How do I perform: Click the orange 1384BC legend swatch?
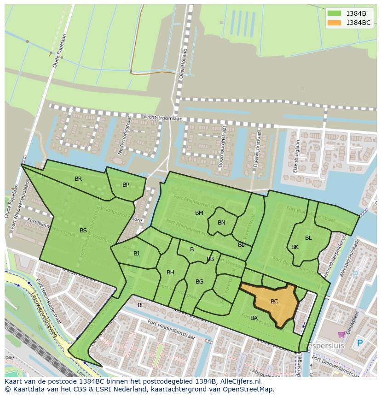[335, 23]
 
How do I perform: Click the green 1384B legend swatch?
[335, 13]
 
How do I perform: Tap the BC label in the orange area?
[274, 302]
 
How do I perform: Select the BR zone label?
[78, 179]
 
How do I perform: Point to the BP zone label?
[126, 185]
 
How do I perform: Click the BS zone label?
[83, 231]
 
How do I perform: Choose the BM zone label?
[199, 213]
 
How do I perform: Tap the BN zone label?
[221, 223]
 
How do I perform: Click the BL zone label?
[308, 238]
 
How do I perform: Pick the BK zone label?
[295, 247]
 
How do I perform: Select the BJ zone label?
[136, 254]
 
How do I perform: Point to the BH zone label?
[170, 273]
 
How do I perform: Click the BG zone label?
[199, 282]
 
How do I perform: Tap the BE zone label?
[141, 305]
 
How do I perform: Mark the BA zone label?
[254, 318]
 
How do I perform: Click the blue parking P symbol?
[360, 344]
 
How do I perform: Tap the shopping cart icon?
[341, 334]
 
